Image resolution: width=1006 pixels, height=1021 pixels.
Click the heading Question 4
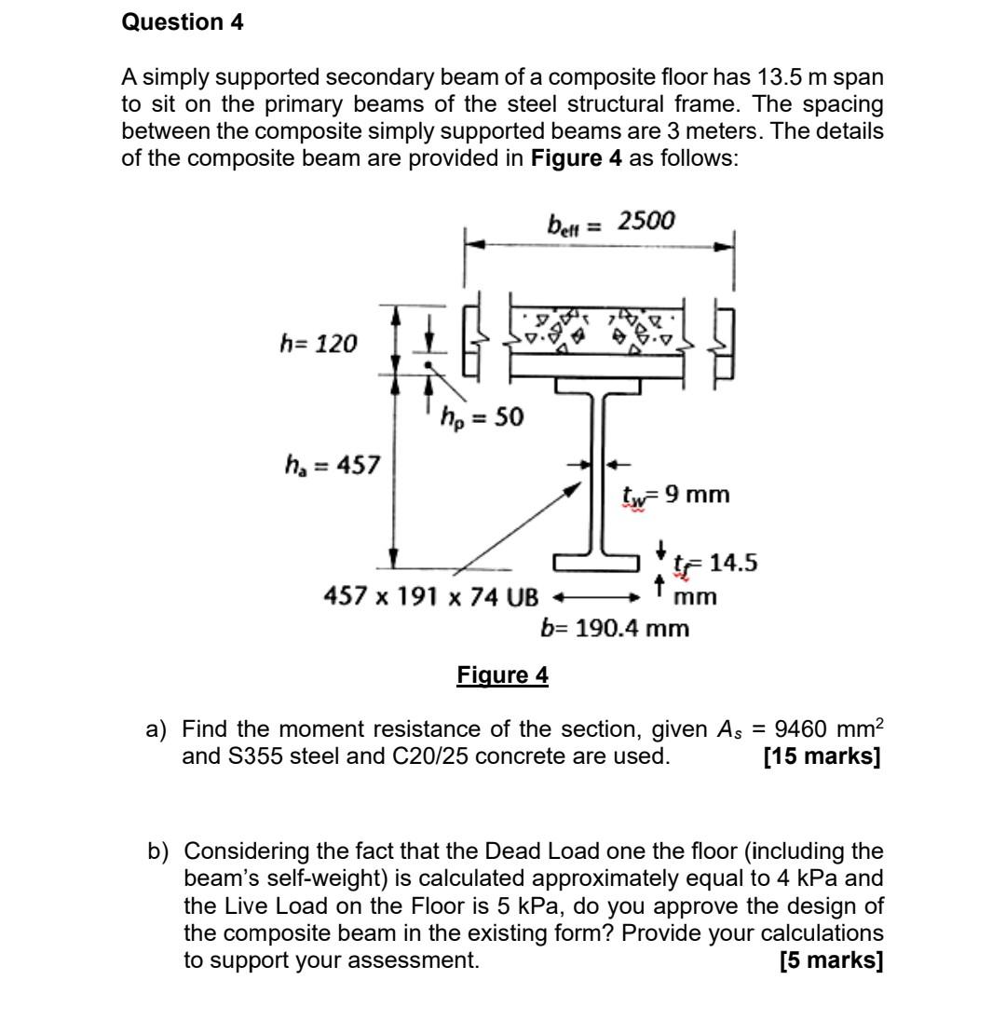[x=183, y=23]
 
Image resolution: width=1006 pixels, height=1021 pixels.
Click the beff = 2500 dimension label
[x=611, y=222]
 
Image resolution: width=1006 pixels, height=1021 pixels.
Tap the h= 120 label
[x=319, y=344]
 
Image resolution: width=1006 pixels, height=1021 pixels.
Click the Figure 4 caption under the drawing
[x=502, y=674]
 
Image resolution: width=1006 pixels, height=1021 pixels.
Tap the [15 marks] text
[x=821, y=756]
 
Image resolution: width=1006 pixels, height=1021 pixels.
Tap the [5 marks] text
[x=830, y=960]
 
